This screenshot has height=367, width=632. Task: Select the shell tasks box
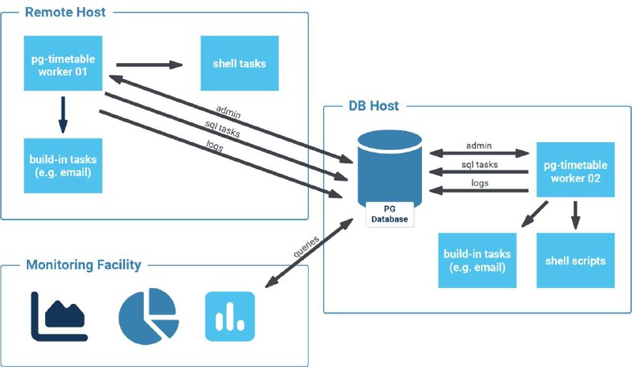[x=239, y=64]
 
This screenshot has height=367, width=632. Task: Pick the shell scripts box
[x=575, y=260]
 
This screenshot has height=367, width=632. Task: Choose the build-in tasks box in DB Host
[x=477, y=260]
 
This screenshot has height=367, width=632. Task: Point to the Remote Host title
[x=65, y=13]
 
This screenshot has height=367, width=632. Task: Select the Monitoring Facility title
[x=84, y=264]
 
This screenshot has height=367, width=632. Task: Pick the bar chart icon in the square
[x=230, y=316]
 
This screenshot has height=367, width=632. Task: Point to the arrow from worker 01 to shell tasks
[x=149, y=65]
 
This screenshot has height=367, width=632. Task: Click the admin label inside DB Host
[x=479, y=145]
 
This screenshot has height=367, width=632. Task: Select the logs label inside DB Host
[x=479, y=183]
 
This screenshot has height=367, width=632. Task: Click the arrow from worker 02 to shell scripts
[x=575, y=214]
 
